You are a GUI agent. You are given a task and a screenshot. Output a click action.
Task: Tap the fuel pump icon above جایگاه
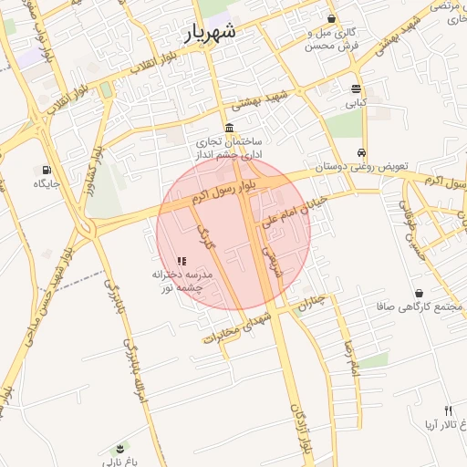(46, 169)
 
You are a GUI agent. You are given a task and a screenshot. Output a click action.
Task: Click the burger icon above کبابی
(356, 88)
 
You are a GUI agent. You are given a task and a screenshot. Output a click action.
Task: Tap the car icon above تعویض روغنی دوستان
(362, 152)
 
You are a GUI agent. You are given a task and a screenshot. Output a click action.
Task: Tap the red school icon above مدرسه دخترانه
(182, 261)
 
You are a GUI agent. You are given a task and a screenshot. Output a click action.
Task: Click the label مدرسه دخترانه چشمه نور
(182, 281)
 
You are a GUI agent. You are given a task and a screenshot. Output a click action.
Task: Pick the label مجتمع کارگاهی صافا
(411, 308)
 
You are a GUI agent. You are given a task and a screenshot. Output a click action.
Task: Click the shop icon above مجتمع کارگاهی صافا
(419, 293)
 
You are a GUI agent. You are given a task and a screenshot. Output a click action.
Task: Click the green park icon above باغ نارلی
(119, 448)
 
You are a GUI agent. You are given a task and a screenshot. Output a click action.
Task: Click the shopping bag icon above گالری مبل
(331, 18)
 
